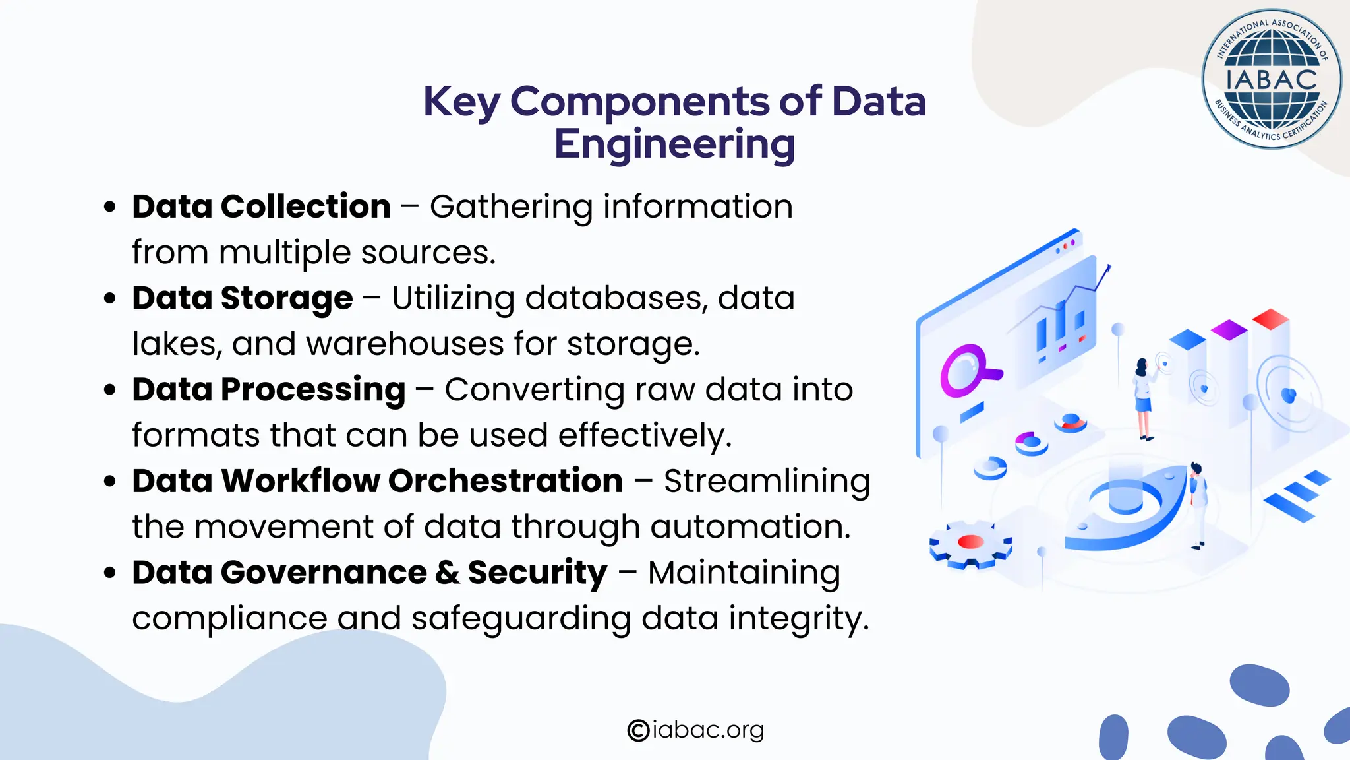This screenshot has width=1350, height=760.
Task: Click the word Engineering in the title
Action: [x=674, y=144]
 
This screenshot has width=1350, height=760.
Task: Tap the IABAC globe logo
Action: [x=1271, y=79]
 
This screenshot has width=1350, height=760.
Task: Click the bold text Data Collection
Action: [x=261, y=206]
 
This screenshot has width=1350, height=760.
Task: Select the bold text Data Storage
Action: [x=242, y=298]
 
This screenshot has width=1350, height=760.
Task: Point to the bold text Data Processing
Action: [x=268, y=390]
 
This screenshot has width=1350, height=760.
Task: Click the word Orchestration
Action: [x=505, y=481]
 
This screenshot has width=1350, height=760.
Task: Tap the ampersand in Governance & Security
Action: [x=448, y=573]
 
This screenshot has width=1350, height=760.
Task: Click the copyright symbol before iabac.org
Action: [x=638, y=730]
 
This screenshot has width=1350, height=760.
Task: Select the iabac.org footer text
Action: [x=707, y=730]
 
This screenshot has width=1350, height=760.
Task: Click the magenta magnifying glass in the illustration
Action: [x=966, y=371]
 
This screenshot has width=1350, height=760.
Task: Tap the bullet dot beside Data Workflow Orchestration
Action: [x=110, y=482]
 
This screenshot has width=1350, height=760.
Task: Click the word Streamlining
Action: [x=767, y=481]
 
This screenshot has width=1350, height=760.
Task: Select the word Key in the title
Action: [x=461, y=102]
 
